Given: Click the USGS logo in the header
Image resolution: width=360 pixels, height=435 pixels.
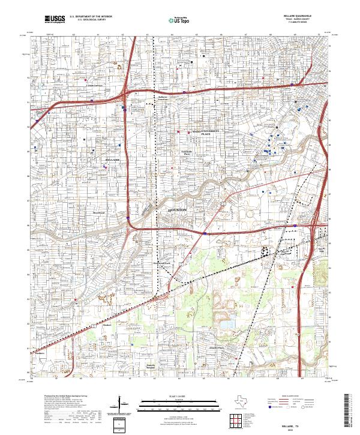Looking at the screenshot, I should [x=55, y=19].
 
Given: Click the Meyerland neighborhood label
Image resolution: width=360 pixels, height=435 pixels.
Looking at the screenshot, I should [x=98, y=212].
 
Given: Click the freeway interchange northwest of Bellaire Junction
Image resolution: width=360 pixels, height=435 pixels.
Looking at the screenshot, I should [x=124, y=94].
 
